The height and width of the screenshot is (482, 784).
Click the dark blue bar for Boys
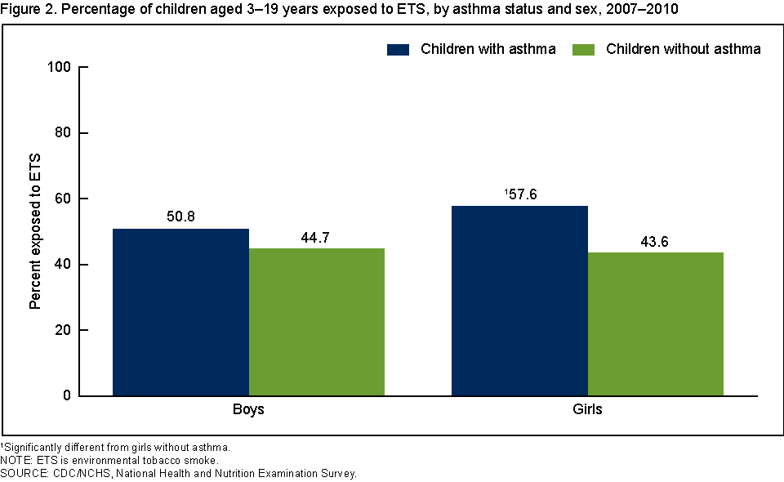pos(180,312)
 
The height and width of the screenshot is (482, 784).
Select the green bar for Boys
pos(317,322)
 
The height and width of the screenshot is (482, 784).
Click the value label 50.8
pos(180,218)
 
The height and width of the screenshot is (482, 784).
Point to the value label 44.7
pos(317,238)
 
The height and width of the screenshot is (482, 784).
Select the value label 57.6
pos(520,195)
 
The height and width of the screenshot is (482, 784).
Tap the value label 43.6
pos(656,242)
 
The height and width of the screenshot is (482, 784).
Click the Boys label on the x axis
pos(248,409)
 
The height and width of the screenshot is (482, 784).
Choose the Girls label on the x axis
pos(587,409)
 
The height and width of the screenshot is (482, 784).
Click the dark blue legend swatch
pos(398,49)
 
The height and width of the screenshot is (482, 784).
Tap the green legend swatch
pos(583,49)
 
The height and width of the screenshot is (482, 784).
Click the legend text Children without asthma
pos(683,49)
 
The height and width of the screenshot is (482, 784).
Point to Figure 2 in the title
pos(27,8)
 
